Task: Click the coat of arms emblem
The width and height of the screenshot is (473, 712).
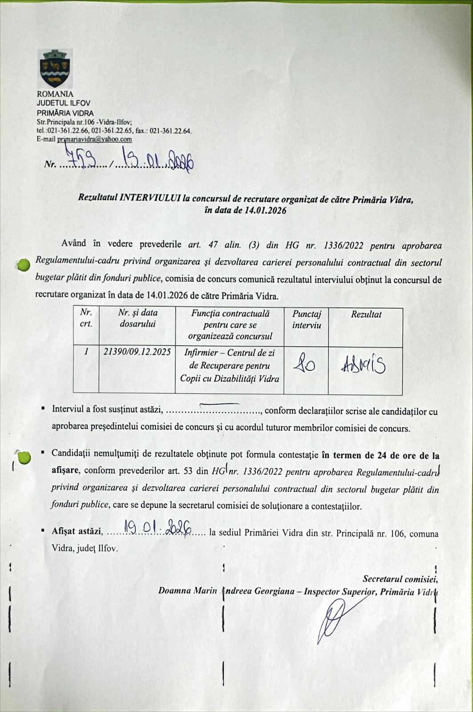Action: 56,69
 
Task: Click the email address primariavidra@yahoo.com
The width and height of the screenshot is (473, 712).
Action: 94,139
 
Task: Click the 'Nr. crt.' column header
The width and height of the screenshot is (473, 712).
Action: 86,318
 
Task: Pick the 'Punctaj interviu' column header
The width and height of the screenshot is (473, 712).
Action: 307,319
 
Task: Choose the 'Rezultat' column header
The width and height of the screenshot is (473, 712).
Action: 366,314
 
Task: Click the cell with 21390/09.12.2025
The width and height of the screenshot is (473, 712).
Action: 137,352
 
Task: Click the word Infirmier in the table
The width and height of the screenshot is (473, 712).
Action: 201,353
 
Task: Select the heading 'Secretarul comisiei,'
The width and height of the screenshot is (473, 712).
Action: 400,579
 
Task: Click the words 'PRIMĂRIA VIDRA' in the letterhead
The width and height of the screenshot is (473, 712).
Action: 65,113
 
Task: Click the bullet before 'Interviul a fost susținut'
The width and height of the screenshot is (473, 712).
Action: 43,408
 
